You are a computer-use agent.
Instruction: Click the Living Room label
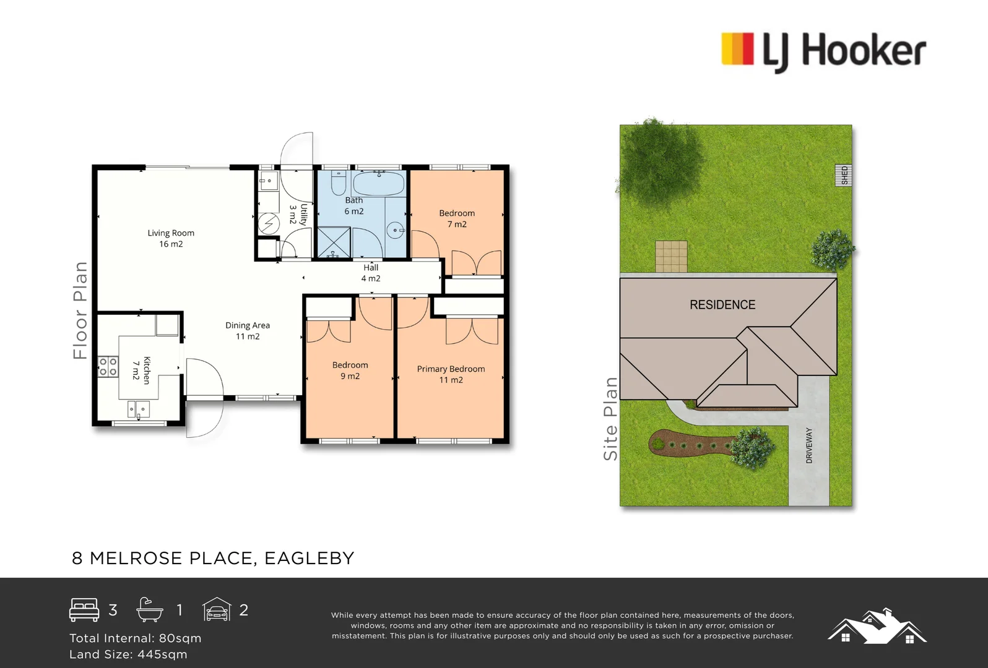171,238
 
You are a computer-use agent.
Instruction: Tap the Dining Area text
247,330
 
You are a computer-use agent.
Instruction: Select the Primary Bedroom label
451,374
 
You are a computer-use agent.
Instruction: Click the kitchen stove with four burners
108,367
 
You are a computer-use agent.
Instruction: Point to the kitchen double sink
138,409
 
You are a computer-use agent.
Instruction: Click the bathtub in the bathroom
378,184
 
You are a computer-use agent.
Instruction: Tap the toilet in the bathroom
338,183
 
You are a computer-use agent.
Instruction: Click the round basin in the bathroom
396,230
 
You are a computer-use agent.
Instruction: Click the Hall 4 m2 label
371,273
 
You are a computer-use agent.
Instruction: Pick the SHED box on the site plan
844,175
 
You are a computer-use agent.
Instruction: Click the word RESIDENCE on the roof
722,305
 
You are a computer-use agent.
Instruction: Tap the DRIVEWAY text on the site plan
809,445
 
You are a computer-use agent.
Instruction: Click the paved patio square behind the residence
671,256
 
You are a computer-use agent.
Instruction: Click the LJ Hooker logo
823,51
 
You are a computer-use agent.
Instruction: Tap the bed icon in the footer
84,610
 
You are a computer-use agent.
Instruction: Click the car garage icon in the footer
217,610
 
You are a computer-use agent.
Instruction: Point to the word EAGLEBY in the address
309,558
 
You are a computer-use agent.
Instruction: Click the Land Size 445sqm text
128,654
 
